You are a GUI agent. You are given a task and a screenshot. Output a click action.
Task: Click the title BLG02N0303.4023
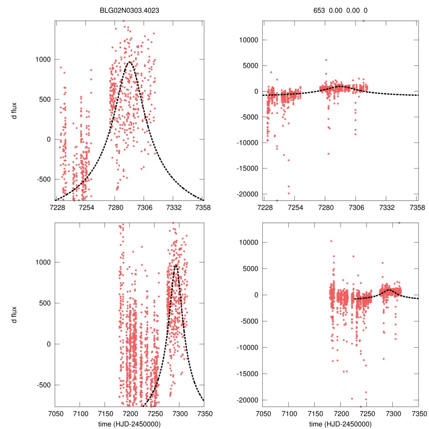[129, 10]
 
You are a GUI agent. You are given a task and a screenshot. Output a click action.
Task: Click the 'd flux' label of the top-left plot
[15, 110]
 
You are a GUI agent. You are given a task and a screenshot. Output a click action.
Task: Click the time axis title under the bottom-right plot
[340, 424]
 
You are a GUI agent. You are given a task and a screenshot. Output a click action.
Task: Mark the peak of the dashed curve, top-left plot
[129, 62]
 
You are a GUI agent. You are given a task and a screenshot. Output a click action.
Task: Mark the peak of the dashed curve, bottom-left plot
[176, 265]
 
